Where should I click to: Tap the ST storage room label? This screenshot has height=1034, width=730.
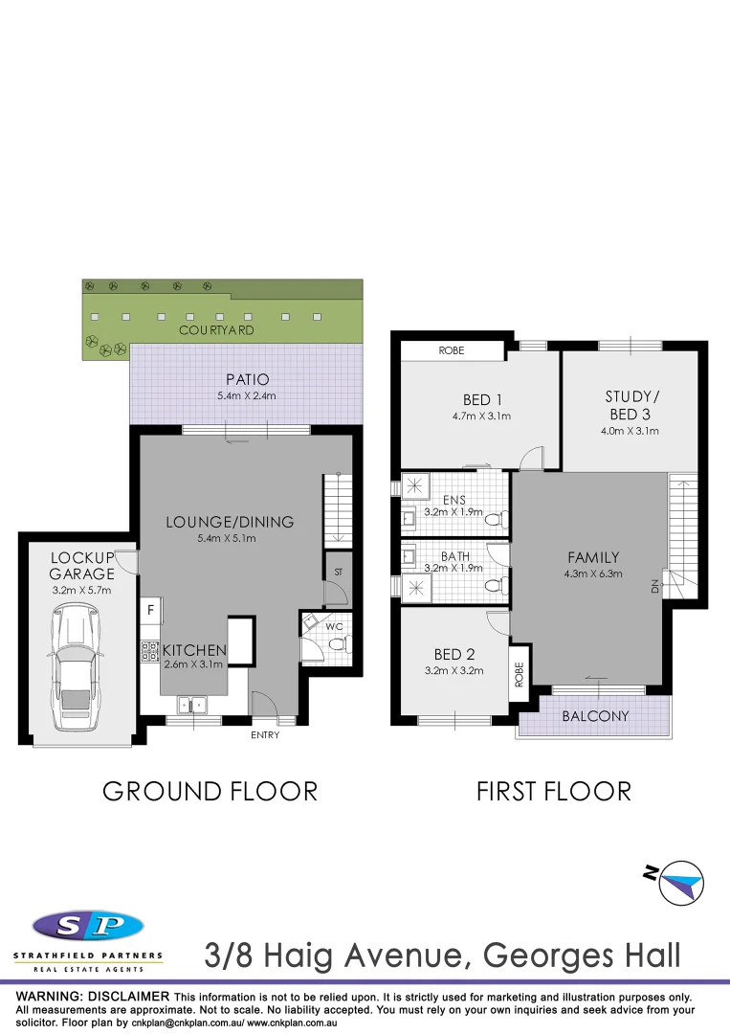pos(338,572)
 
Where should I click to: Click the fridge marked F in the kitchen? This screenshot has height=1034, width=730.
pos(150,608)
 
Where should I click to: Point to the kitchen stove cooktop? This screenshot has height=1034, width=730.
pos(150,652)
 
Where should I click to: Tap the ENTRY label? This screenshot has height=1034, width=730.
pos(265,735)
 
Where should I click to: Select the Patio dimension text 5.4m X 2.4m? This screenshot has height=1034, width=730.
pos(247,396)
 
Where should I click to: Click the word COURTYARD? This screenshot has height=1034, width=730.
pos(216,329)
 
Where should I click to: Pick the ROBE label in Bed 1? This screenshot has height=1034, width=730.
pos(452,351)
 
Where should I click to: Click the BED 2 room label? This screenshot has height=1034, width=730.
pos(454,655)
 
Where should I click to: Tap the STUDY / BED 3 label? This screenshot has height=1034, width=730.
pos(632,405)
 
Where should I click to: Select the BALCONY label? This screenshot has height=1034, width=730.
pos(595,716)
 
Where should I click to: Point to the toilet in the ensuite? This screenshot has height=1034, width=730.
pos(495,521)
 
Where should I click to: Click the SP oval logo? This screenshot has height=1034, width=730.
pos(87,926)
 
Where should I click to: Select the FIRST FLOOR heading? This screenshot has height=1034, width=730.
pos(554,792)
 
